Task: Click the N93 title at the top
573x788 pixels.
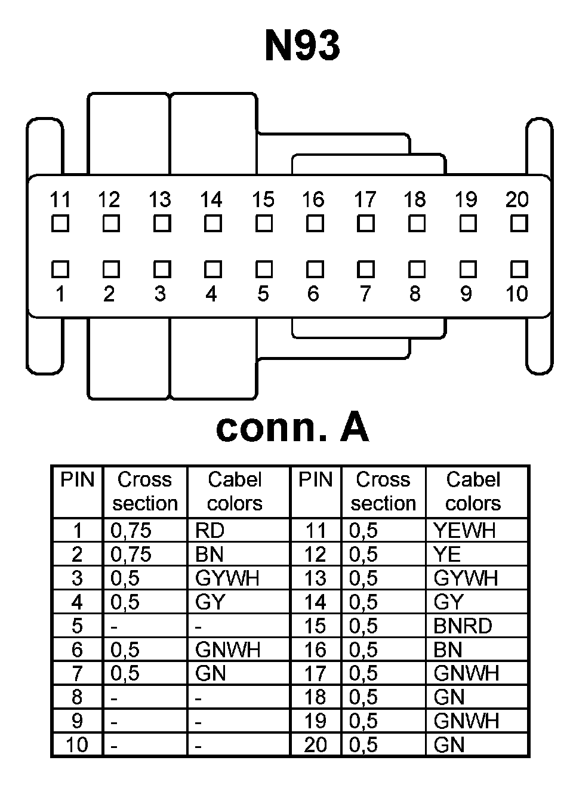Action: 302,46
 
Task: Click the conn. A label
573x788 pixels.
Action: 292,427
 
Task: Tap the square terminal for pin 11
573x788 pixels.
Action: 60,224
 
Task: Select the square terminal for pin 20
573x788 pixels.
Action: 518,224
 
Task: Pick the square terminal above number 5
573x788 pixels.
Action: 263,269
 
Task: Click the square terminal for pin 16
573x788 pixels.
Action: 314,224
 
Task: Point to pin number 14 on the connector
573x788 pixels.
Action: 212,199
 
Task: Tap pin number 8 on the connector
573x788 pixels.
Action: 415,294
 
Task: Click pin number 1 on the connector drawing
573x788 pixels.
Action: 60,294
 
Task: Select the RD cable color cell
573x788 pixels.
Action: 209,530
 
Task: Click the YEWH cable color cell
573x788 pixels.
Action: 464,530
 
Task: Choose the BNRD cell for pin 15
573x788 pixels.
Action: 463,626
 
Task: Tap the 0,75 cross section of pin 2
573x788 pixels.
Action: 131,554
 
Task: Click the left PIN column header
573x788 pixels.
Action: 78,479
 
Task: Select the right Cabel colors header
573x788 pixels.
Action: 473,491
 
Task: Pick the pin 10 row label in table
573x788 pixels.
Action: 77,744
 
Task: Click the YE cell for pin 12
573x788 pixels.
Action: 447,554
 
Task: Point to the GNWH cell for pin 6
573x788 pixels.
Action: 227,650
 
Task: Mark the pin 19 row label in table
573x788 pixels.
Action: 315,721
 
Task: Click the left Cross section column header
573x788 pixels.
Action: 145,491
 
